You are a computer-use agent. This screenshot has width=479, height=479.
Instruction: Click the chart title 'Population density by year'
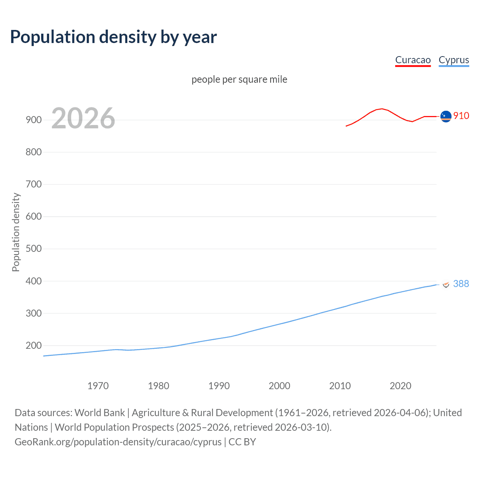tap(113, 37)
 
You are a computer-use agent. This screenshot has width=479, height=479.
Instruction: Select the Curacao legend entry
tap(413, 60)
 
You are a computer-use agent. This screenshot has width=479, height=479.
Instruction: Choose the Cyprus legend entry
tap(454, 60)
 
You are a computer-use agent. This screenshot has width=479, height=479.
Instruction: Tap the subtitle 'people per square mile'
tap(239, 79)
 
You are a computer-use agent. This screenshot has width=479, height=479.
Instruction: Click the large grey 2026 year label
tap(83, 118)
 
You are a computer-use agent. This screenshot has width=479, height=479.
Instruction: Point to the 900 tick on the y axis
tap(33, 120)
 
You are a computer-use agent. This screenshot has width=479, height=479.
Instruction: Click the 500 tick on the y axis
tap(33, 249)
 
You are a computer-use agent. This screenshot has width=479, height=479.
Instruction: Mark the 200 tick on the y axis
tap(33, 345)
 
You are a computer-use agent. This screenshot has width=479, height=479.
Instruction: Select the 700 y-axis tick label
tap(33, 184)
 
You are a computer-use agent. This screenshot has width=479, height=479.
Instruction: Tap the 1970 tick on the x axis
tap(98, 386)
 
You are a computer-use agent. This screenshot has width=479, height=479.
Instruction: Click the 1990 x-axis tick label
tap(219, 386)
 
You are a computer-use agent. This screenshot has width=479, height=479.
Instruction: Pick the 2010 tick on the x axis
tap(340, 386)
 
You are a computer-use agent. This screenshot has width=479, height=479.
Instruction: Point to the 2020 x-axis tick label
tap(400, 386)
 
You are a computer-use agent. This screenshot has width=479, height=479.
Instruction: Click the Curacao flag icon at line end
tap(446, 116)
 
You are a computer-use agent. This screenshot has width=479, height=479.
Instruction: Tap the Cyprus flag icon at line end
tap(446, 284)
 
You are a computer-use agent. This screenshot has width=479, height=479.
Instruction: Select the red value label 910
tap(461, 116)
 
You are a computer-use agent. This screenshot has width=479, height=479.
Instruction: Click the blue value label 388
tap(461, 284)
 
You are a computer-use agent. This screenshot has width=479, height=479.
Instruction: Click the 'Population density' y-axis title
tap(16, 232)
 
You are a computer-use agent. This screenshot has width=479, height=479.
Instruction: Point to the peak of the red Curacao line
tap(381, 109)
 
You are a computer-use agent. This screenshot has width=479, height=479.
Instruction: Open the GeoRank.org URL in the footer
tap(118, 442)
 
